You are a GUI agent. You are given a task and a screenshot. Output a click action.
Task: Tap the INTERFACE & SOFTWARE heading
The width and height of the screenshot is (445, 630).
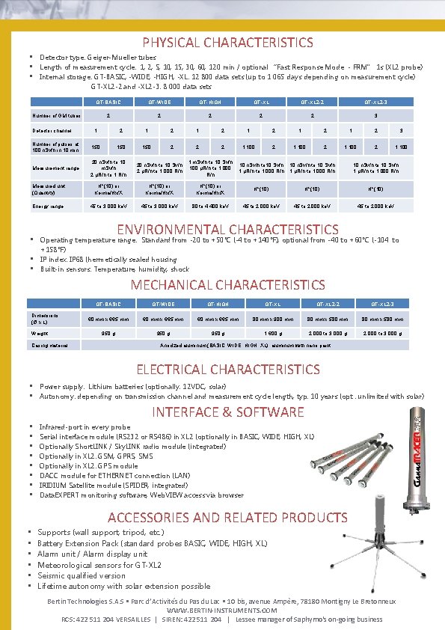click(x=228, y=412)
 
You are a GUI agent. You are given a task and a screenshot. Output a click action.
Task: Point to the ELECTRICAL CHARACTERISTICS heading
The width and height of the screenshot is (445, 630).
click(x=227, y=369)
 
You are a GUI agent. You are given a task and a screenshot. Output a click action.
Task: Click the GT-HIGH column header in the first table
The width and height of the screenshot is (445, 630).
click(x=209, y=102)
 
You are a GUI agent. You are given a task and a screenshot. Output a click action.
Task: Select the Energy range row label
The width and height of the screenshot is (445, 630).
click(x=46, y=206)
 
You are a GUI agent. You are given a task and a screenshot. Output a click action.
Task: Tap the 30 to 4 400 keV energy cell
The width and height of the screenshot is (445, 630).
click(x=209, y=206)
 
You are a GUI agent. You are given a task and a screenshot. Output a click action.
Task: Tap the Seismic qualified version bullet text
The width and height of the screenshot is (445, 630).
click(x=82, y=575)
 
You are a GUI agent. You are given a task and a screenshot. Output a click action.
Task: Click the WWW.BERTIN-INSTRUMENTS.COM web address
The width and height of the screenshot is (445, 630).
click(x=222, y=611)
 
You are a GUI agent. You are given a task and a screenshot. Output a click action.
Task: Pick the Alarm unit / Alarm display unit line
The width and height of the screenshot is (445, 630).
click(x=92, y=554)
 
